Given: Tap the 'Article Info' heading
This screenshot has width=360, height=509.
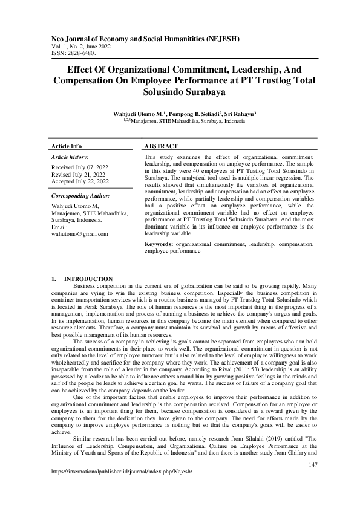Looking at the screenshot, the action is [x=67, y=146].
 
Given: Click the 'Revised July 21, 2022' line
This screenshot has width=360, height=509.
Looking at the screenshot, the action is [x=79, y=174].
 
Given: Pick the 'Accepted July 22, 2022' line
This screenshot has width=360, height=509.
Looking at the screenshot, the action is [x=80, y=181].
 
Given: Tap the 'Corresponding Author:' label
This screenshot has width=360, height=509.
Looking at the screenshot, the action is [x=80, y=196].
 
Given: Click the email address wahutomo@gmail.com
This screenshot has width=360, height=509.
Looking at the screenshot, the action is [x=80, y=233].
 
